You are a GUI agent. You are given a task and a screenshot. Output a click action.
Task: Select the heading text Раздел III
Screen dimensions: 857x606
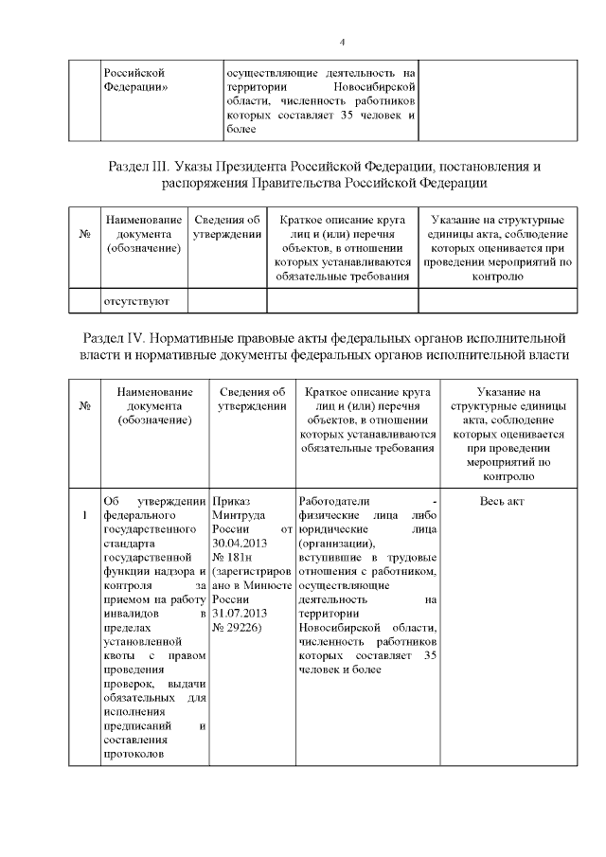[x=142, y=167]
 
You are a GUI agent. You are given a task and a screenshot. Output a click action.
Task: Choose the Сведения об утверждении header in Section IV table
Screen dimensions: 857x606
[x=252, y=399]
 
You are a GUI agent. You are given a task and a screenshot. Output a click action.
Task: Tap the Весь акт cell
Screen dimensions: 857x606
[x=502, y=501]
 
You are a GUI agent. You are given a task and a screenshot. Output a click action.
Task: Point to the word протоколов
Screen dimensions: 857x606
[x=134, y=754]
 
